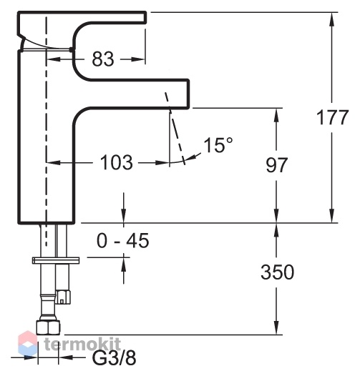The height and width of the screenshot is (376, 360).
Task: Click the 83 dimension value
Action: click(103, 59)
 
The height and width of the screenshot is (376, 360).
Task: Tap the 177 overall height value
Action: click(332, 117)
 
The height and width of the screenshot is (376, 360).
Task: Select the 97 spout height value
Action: click(276, 165)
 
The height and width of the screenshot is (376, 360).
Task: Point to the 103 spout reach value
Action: click(116, 162)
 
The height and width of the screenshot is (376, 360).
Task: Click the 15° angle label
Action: click(218, 145)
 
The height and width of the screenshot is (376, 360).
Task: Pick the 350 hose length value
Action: click(278, 272)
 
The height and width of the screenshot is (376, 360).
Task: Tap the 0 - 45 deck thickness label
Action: click(122, 240)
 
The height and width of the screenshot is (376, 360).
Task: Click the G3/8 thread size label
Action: click(115, 359)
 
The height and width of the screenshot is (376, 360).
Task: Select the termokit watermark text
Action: click(82, 344)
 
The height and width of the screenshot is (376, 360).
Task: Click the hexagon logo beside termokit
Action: click(28, 343)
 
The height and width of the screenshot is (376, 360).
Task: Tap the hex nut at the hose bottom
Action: click(48, 327)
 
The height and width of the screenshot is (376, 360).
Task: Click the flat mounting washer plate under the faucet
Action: click(56, 260)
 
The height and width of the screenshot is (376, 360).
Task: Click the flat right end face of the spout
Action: click(188, 94)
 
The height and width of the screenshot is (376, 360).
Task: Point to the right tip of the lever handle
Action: click(145, 17)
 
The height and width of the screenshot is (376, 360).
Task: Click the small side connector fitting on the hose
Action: click(63, 297)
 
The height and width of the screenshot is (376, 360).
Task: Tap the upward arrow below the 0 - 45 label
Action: click(124, 269)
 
